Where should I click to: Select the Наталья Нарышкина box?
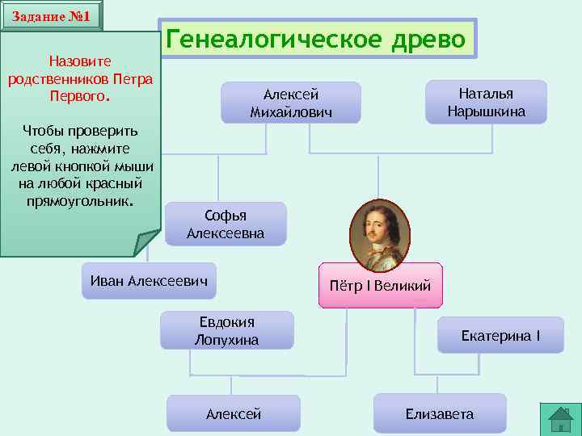coord(486,102)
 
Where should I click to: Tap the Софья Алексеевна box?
coord(226,224)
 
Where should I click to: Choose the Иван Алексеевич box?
coord(150,280)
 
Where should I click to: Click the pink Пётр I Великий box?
coord(381,285)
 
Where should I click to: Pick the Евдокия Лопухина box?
coord(226,331)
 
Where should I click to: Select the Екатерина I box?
coord(500,334)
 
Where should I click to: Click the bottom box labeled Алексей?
coord(234,413)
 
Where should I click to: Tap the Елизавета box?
coord(440,413)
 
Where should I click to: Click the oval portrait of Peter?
coord(380,234)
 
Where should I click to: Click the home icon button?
coord(560,420)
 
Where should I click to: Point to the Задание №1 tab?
coord(52,16)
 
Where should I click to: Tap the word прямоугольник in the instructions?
coord(78,200)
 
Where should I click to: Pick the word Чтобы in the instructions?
coord(44,131)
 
